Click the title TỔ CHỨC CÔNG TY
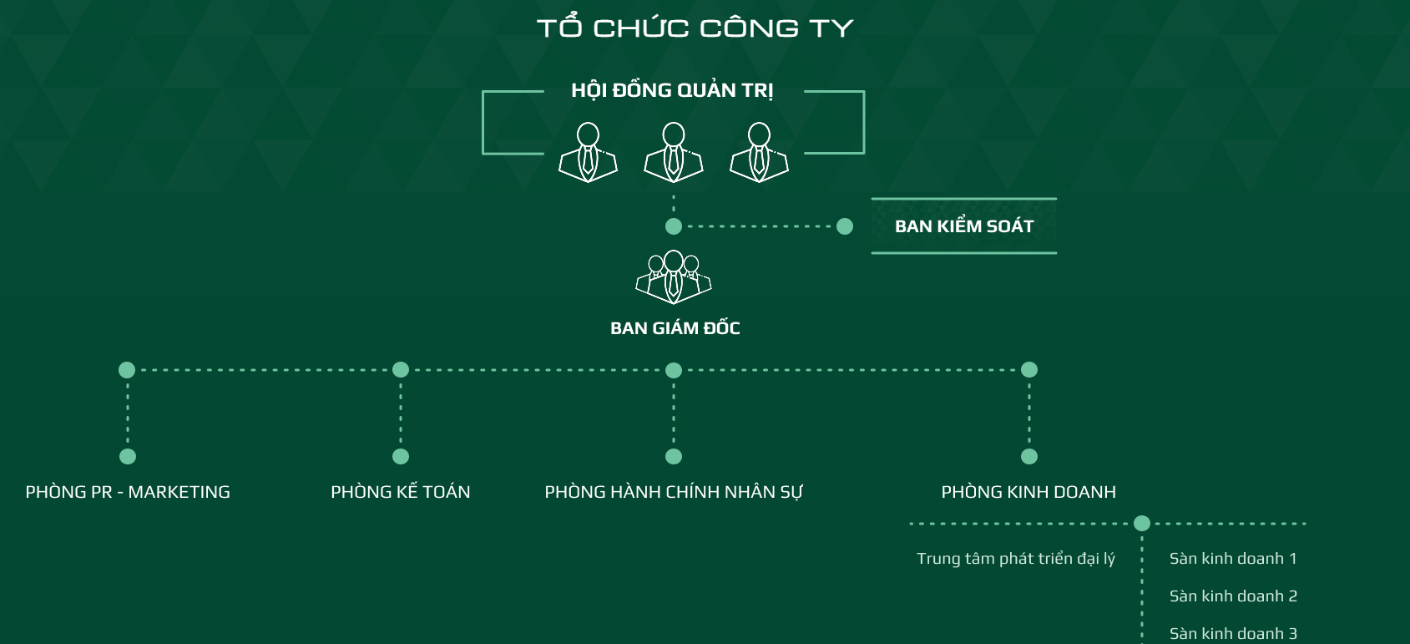695,28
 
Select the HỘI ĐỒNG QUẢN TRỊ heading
672,90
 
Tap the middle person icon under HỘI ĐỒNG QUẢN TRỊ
674,152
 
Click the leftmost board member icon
588,152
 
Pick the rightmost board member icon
759,152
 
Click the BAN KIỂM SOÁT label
964,226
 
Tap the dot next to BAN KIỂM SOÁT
845,226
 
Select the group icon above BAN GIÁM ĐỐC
674,276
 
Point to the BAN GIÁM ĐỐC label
675,328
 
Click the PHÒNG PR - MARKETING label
128,492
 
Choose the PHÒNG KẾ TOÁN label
401,492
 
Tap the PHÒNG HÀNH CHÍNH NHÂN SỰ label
674,492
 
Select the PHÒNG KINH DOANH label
1028,492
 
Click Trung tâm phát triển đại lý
1016,559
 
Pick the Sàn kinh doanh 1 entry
1233,559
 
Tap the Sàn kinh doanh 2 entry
1233,596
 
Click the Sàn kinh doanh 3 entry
1233,633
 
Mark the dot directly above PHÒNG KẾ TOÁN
401,456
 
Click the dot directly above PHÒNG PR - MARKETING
128,456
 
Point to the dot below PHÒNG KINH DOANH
1142,524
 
